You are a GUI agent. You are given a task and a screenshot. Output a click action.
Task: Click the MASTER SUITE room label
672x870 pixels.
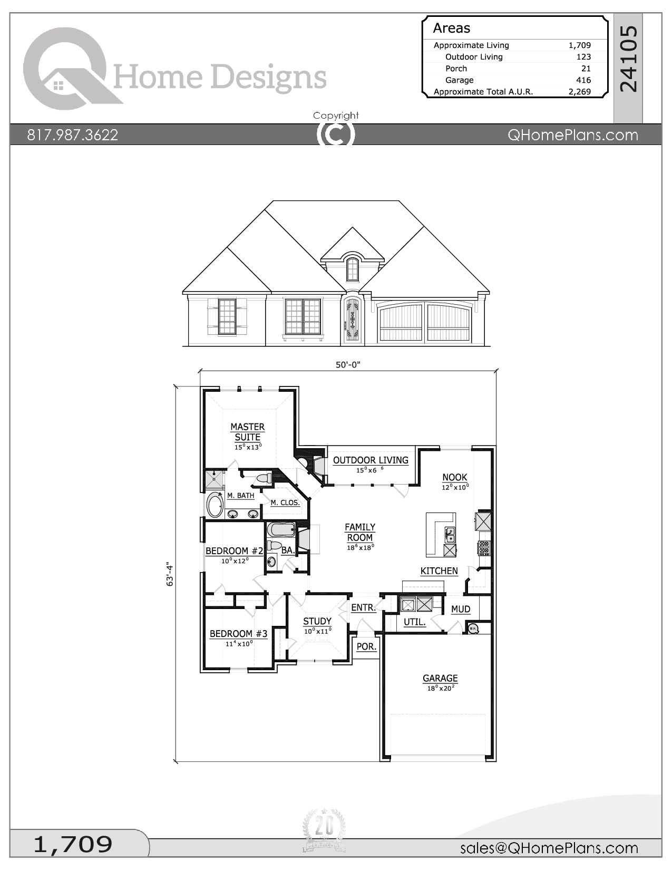coord(248,432)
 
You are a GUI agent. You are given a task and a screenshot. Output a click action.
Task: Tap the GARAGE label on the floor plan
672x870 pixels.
coord(440,678)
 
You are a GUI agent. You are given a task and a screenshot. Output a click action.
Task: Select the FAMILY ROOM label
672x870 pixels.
coord(360,532)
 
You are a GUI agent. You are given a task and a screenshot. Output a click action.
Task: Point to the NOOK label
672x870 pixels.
coord(455,477)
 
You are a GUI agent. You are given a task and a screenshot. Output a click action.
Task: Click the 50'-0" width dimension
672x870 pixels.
coord(348,365)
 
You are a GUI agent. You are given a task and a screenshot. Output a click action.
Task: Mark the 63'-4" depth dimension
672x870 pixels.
coord(170,575)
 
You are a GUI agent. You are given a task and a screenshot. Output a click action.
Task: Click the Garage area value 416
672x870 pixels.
coord(583,80)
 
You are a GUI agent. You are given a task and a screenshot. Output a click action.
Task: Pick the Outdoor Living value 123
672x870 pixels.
coord(583,57)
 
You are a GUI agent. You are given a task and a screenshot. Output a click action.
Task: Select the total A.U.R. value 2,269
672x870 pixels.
coord(580,92)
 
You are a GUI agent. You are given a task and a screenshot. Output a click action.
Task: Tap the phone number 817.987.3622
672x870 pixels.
coord(72,135)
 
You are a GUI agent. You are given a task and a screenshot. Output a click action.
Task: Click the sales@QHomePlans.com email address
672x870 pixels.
coord(549,847)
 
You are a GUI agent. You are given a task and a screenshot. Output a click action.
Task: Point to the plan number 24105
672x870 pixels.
coord(628,59)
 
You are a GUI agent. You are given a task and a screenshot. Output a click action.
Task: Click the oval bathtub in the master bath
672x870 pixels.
coord(215,505)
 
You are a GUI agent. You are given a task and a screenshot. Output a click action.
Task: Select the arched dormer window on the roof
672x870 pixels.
coord(352,269)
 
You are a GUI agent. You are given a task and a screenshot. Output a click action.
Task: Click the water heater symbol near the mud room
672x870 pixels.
coord(473,628)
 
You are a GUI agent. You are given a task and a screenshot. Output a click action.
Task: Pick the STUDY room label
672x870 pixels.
coord(317,621)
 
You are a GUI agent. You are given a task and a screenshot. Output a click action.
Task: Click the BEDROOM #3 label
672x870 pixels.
coord(239,633)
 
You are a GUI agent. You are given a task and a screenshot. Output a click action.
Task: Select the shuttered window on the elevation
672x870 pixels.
coord(227,316)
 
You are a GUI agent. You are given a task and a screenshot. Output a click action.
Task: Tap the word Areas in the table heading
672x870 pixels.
coord(452,28)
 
